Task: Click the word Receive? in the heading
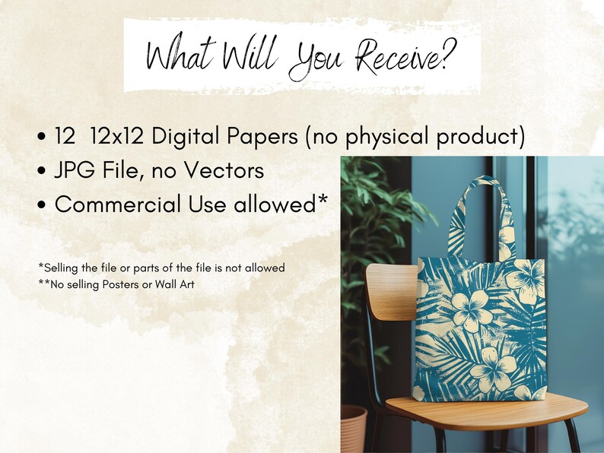pyautogui.click(x=406, y=56)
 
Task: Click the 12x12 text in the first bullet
pyautogui.click(x=116, y=136)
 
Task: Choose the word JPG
pyautogui.click(x=75, y=170)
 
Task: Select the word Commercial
pyautogui.click(x=118, y=204)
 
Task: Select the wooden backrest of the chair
pyautogui.click(x=392, y=292)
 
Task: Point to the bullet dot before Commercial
pyautogui.click(x=42, y=204)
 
